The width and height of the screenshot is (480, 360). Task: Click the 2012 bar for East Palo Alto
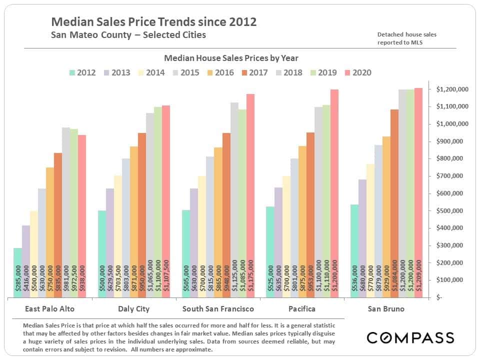[17, 272]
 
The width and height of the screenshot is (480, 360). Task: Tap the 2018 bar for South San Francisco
[234, 200]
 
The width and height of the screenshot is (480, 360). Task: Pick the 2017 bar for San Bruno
[394, 205]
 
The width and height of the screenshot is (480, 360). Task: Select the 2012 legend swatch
[73, 72]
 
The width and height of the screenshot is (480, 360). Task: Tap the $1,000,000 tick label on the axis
[452, 124]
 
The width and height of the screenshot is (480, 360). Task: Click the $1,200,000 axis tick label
[452, 89]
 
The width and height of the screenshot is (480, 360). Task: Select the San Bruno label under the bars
[386, 309]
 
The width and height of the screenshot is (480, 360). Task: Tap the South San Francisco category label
[218, 309]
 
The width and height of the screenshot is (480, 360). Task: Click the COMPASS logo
[410, 337]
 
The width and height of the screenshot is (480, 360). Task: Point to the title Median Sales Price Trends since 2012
[154, 22]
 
